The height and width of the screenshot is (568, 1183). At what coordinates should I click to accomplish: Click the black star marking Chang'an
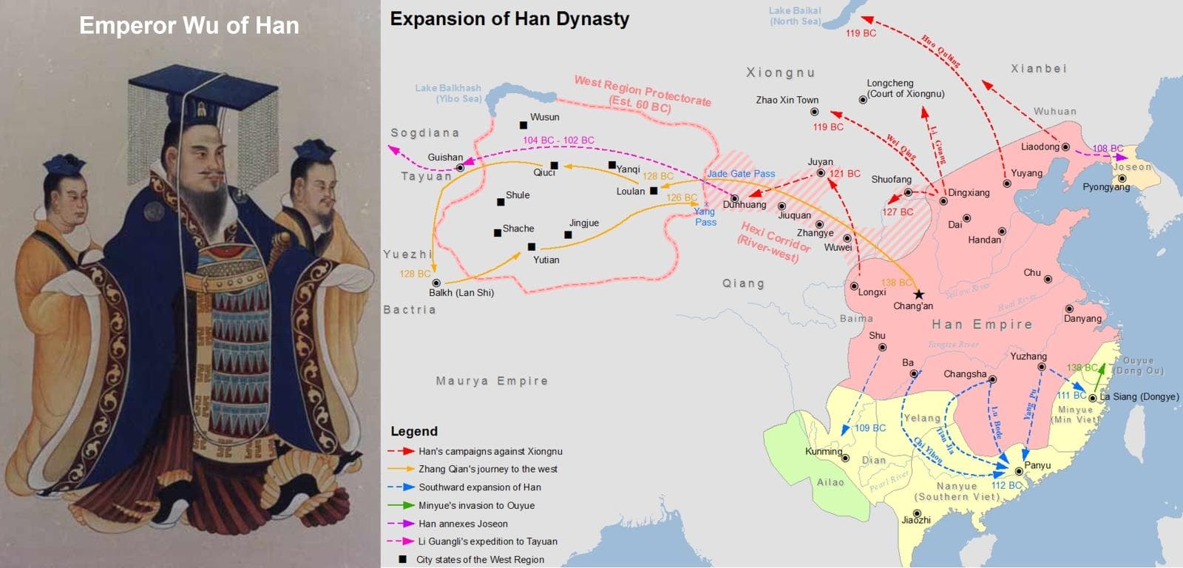pos(918,294)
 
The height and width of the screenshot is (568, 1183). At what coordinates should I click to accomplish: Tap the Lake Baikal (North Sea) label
pos(795,16)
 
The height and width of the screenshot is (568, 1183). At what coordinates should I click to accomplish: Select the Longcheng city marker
pos(863,99)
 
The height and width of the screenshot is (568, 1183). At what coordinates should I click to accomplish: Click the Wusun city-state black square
pos(523,125)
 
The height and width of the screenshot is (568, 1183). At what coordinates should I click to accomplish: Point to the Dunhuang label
pos(745,205)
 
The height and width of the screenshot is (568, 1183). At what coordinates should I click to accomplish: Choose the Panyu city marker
pos(1019,471)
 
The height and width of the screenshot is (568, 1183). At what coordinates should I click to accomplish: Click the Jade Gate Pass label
pos(741,174)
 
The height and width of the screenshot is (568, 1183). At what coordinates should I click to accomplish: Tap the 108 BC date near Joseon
pos(1108,149)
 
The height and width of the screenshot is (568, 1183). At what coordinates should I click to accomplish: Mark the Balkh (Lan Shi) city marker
pos(436,283)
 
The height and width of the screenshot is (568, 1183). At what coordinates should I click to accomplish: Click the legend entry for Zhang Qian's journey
pos(488,469)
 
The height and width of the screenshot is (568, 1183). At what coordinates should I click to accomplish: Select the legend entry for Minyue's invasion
pos(476,505)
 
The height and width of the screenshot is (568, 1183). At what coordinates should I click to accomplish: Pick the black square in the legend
pos(402,559)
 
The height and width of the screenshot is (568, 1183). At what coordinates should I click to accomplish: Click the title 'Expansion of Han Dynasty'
pos(509,19)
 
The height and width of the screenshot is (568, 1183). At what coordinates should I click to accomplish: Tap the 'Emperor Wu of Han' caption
pos(189,26)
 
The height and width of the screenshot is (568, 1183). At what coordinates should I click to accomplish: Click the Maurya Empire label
pos(492,381)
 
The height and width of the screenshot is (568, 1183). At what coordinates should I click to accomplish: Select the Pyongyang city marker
pos(1122,178)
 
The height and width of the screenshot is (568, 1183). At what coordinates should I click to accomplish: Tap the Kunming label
pos(823,451)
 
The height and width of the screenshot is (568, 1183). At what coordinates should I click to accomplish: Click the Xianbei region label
pos(1038,69)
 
